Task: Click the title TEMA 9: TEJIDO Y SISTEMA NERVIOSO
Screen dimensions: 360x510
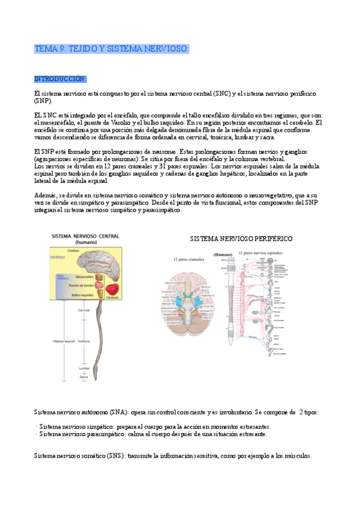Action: (112, 48)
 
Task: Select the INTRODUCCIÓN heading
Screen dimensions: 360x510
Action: (61, 79)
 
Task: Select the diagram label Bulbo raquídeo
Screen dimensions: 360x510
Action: (83, 296)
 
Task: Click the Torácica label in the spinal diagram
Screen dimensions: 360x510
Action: (84, 341)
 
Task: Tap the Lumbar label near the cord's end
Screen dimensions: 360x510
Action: (84, 368)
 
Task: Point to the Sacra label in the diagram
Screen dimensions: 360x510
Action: (84, 376)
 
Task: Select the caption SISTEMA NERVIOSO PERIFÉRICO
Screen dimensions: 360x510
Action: (242, 239)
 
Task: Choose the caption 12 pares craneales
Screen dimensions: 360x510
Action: (189, 259)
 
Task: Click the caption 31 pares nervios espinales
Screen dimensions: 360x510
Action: (260, 253)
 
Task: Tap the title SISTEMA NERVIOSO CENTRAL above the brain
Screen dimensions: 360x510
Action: (85, 236)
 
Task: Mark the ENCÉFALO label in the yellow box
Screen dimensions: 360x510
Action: (58, 256)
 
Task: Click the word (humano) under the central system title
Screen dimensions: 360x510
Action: (86, 242)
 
